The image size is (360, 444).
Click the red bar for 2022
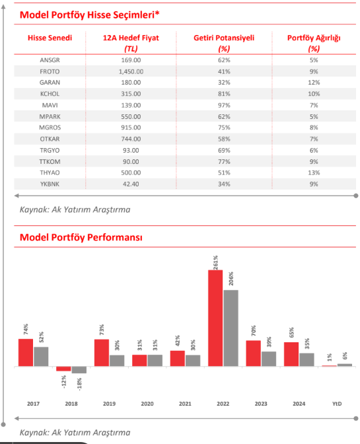(215, 318)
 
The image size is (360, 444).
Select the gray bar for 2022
(231, 328)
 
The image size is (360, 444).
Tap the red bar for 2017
(26, 353)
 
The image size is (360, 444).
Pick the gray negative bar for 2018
(79, 370)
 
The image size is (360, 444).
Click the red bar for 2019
(102, 353)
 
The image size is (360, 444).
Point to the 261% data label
(215, 262)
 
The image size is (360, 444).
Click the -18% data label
(79, 385)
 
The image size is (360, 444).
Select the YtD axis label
(337, 404)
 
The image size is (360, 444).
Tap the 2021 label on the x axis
(185, 404)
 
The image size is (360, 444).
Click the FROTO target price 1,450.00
(131, 71)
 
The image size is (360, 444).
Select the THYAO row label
(50, 172)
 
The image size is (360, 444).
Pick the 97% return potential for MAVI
(224, 105)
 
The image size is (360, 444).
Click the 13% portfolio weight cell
(314, 172)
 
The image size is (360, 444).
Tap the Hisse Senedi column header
(50, 38)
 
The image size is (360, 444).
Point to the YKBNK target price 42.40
(131, 184)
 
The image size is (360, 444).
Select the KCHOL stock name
(50, 94)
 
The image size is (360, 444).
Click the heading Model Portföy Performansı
(81, 237)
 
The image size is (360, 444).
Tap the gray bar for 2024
(306, 359)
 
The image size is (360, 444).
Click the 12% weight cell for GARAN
(314, 83)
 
